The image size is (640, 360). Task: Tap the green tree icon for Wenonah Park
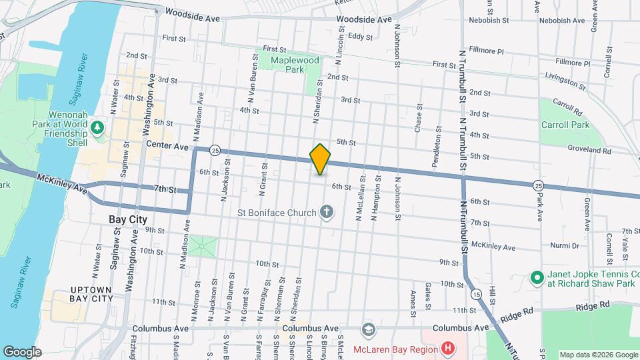[x=99, y=127]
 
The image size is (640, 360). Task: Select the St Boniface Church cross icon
[x=326, y=213]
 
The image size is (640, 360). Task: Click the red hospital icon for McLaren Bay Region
[x=447, y=348]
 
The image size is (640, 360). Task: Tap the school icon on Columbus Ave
[x=367, y=329]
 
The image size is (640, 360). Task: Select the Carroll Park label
[x=565, y=125]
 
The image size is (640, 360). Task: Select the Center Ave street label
[x=167, y=145]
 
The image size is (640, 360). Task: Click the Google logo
[x=23, y=351]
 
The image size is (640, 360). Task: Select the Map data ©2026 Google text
[x=598, y=355]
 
